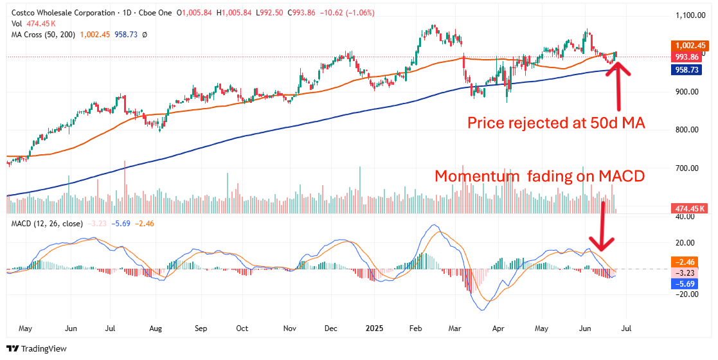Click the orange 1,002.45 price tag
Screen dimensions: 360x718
click(x=689, y=46)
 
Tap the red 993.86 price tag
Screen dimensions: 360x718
click(x=689, y=57)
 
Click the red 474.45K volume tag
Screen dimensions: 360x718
click(x=689, y=208)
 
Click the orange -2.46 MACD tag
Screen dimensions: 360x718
click(x=683, y=262)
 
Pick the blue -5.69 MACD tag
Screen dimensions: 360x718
click(x=683, y=283)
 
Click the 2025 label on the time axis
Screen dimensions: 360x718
click(x=375, y=328)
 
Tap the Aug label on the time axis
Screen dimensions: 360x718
click(x=156, y=328)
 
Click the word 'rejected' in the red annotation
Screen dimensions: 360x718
click(x=536, y=123)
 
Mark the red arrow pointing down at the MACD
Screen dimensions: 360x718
click(x=603, y=225)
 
